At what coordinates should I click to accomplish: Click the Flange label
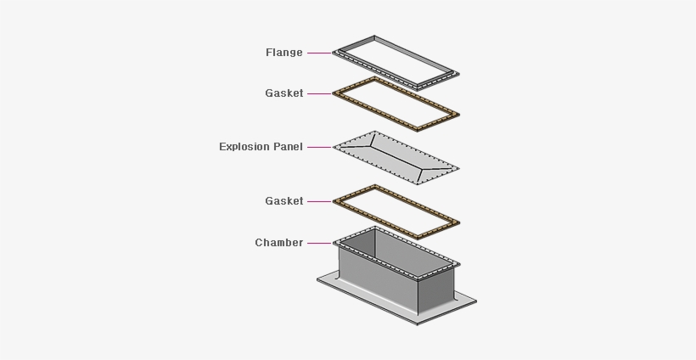[x=283, y=53]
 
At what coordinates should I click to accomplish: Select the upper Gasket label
[x=283, y=93]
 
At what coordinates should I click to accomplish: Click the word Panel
[x=289, y=147]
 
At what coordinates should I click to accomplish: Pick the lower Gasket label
[x=283, y=201]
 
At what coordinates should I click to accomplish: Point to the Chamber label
[x=278, y=243]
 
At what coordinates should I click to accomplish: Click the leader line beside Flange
[x=319, y=53]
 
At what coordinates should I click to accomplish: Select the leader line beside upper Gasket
[x=319, y=93]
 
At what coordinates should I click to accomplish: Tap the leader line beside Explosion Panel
[x=319, y=147]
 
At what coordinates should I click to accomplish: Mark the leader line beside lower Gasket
[x=319, y=201]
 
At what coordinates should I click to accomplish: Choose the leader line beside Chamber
[x=319, y=243]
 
